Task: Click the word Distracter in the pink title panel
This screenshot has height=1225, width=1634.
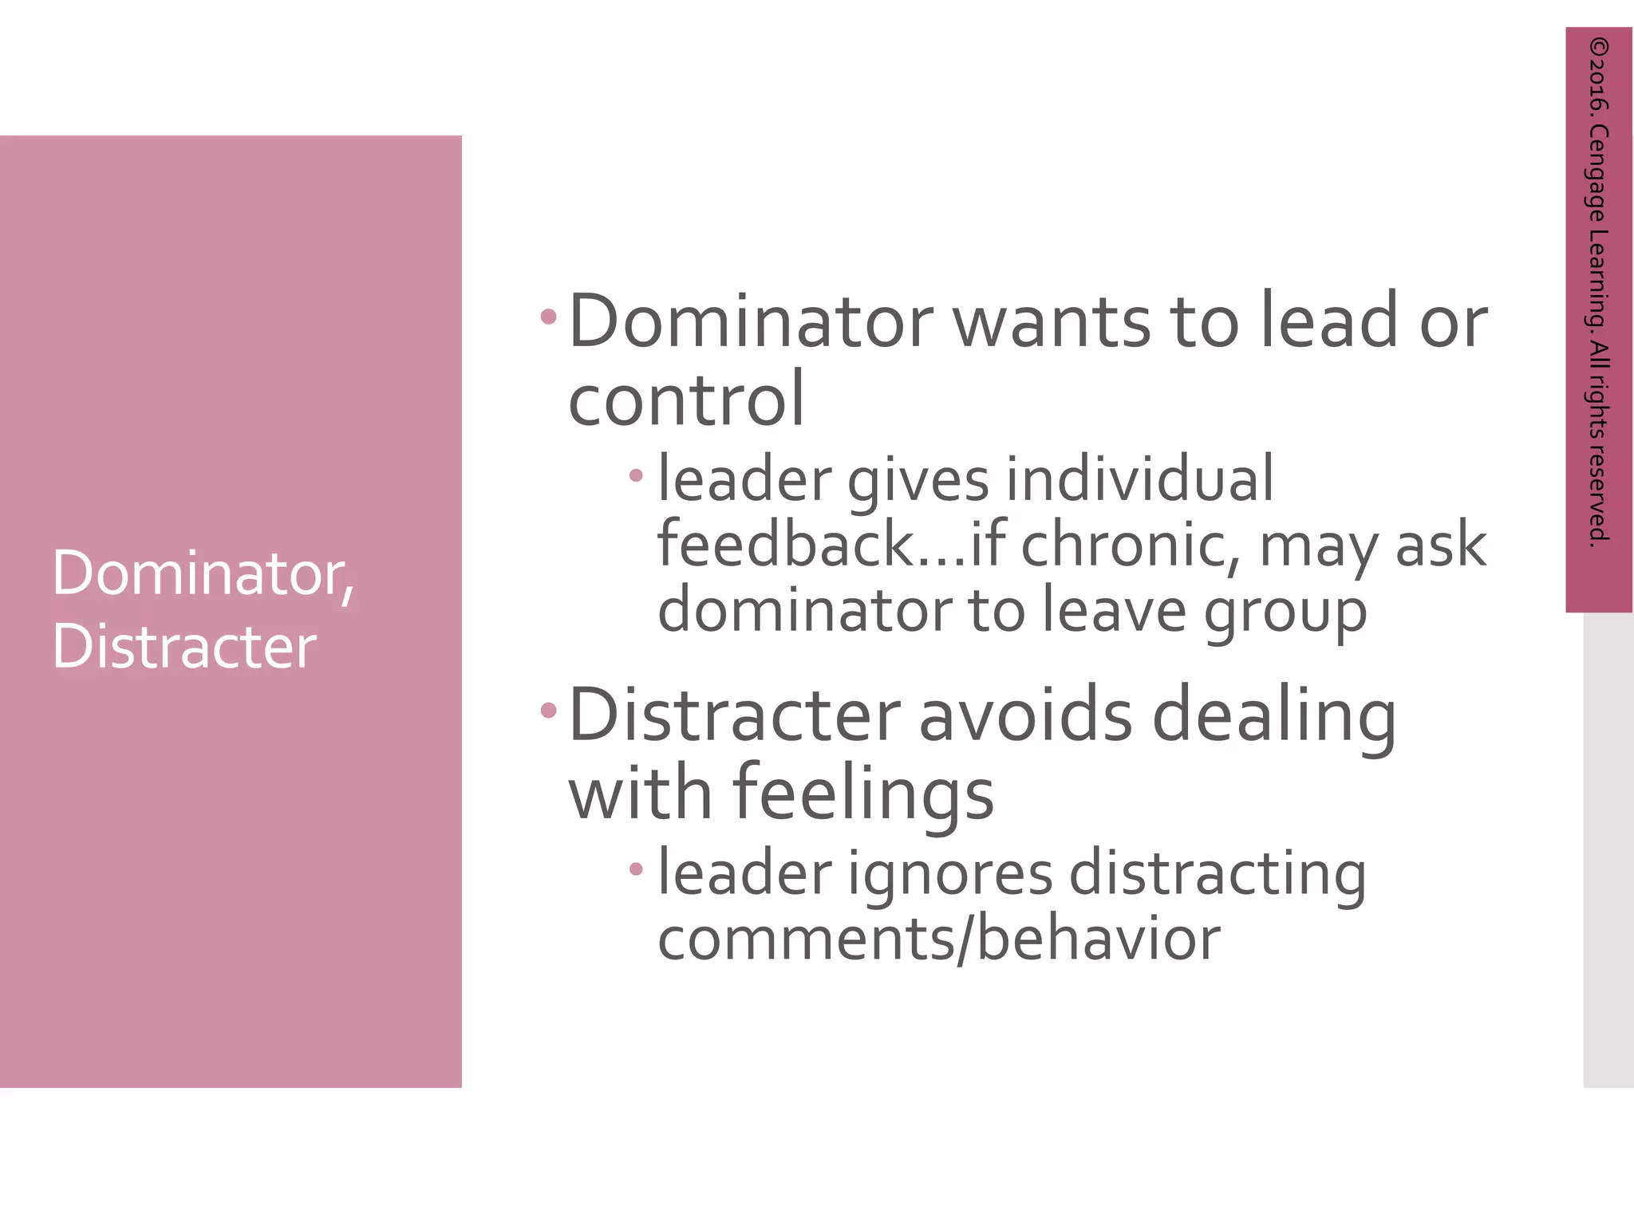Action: pyautogui.click(x=184, y=645)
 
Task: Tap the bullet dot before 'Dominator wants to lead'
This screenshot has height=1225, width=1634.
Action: pyautogui.click(x=548, y=317)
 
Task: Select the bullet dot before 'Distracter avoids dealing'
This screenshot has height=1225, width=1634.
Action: pyautogui.click(x=548, y=710)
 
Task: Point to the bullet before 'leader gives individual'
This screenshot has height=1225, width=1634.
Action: pyautogui.click(x=636, y=476)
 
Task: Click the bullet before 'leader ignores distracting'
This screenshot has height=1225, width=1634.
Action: pyautogui.click(x=636, y=869)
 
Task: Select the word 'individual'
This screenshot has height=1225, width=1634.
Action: pyautogui.click(x=1139, y=479)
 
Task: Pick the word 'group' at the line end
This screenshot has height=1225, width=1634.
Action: pyautogui.click(x=1285, y=612)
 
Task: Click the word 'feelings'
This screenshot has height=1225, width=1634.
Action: pyautogui.click(x=862, y=794)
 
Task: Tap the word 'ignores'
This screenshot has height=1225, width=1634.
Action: pyautogui.click(x=949, y=874)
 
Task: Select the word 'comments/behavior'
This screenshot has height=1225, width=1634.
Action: pyautogui.click(x=938, y=939)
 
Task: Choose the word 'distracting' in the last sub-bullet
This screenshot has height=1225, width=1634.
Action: pyautogui.click(x=1218, y=874)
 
